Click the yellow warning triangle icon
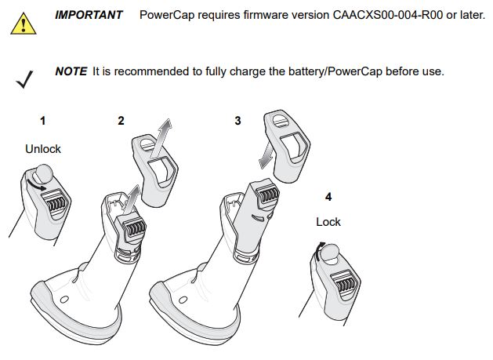coord(24,24)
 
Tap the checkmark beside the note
coord(24,79)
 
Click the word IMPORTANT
coord(89,15)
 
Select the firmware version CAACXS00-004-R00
coord(388,15)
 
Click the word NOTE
coord(71,71)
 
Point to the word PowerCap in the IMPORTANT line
coord(167,15)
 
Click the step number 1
coord(43,121)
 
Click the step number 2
coord(121,121)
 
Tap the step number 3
coord(237,121)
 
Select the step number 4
coord(328,197)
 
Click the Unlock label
coord(43,149)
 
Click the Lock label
coord(328,222)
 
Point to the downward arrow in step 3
coord(266,155)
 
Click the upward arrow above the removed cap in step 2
coord(161,138)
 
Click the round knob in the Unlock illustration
coord(43,173)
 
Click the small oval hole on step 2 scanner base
coord(64,300)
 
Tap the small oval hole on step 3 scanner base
coord(183,300)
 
